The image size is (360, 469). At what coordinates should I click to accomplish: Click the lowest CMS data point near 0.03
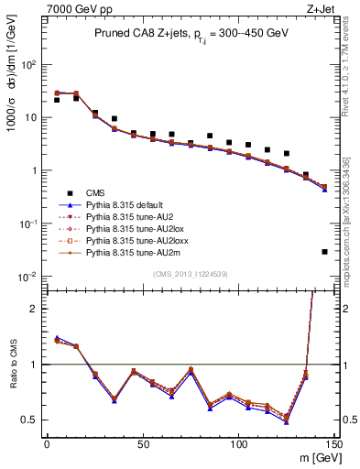325,251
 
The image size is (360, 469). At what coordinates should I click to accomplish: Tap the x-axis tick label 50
142,443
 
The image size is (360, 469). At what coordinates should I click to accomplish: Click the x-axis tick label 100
238,443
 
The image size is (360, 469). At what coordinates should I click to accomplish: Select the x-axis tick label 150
334,443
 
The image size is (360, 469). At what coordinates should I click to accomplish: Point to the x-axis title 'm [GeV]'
313,457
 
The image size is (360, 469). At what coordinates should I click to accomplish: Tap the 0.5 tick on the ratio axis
32,420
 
